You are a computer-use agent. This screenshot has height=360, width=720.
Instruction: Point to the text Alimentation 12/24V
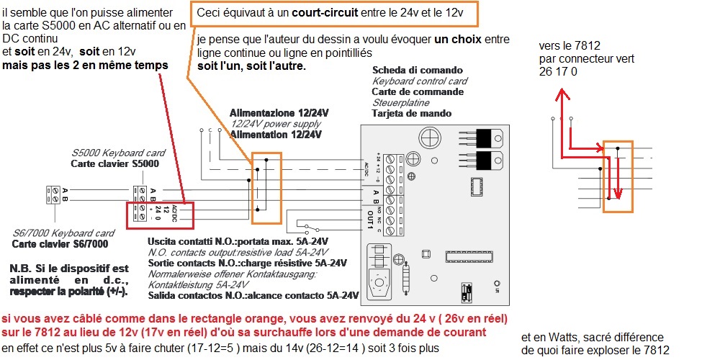pos(279,134)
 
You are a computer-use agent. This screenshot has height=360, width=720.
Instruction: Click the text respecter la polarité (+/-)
pos(69,292)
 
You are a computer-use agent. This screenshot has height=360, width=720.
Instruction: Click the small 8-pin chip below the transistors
pos(477,185)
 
